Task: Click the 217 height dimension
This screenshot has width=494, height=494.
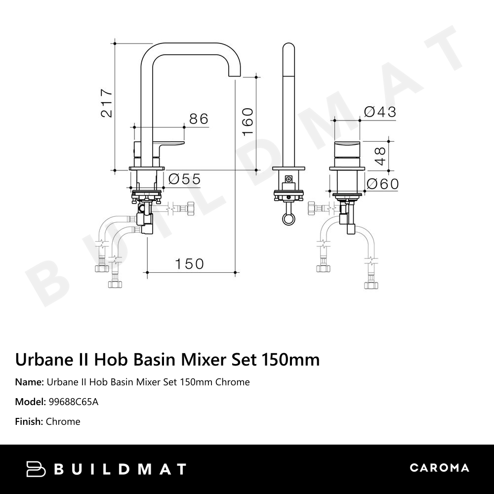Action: tap(106, 103)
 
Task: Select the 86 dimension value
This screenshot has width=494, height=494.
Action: tap(199, 119)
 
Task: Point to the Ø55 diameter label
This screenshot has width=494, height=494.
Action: tap(184, 179)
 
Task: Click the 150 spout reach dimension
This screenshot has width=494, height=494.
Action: tap(189, 264)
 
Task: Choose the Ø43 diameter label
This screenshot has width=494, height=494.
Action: tap(380, 112)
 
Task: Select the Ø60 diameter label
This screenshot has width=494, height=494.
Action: tap(382, 184)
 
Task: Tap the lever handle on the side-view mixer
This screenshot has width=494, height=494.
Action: tap(168, 145)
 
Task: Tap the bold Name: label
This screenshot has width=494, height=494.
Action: tap(29, 382)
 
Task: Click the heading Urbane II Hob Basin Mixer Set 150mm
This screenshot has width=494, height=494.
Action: tap(167, 359)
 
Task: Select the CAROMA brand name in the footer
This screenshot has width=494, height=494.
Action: tap(439, 468)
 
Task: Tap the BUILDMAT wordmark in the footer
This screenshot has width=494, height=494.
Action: tap(120, 469)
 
